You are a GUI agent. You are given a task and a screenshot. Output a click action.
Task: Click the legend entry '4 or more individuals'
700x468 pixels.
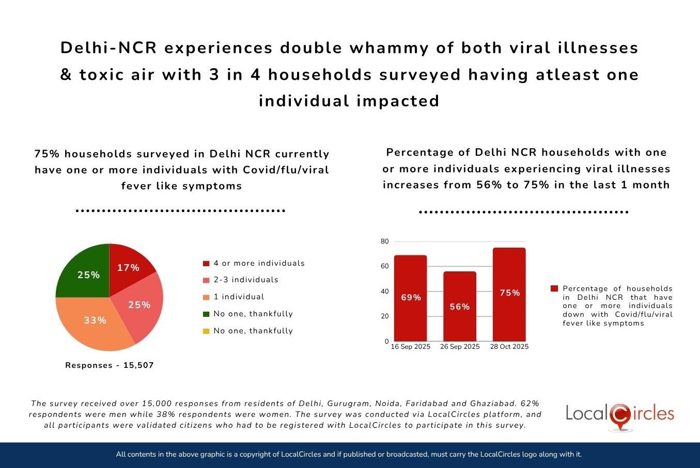pos(259,263)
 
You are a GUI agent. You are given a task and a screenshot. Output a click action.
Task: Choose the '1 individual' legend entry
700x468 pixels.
pos(239,297)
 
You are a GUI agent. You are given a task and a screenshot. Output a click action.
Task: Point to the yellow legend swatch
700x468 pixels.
pos(206,331)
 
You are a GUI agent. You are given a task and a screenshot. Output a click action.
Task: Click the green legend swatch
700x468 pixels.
pos(206,314)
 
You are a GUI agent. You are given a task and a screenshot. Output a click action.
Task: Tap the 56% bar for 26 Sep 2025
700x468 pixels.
pos(459,306)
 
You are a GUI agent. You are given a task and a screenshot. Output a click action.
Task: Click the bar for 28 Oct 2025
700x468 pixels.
pos(509,294)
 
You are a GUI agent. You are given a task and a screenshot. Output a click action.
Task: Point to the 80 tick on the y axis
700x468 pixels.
pos(384,241)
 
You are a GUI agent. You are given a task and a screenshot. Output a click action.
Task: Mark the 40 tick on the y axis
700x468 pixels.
pos(384,292)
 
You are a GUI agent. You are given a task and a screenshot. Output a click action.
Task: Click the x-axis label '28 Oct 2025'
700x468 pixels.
pos(509,347)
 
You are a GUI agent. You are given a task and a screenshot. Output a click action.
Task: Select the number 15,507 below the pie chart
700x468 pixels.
pos(138,365)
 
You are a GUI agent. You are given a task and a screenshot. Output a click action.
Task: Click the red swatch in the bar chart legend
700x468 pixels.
pos(554,288)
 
